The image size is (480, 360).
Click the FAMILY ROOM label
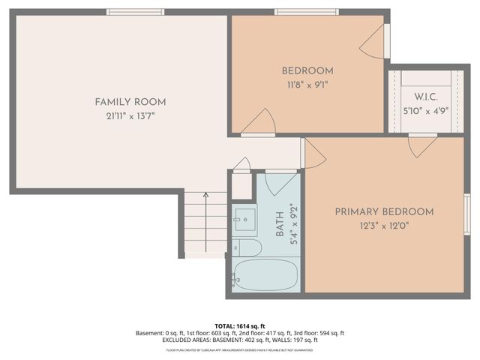point(130,102)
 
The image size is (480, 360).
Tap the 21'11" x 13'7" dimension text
point(130,115)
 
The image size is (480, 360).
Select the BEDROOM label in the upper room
point(307,71)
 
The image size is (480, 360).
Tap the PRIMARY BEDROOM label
point(384,211)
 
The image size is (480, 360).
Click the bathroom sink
point(243,220)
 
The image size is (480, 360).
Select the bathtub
point(265,275)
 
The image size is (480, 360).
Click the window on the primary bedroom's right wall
point(466,223)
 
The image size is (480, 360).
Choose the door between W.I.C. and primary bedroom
point(422,142)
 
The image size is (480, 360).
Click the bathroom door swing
point(280,182)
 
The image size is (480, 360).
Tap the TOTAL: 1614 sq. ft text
point(240,326)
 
